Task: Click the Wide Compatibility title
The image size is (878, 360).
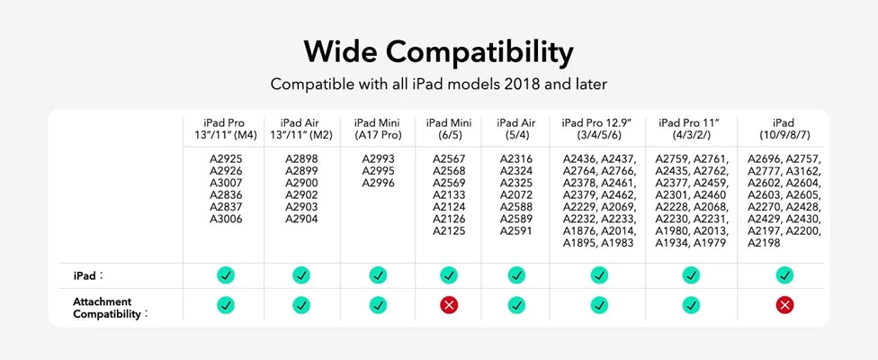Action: pyautogui.click(x=438, y=52)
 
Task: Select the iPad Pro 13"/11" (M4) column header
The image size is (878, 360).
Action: pyautogui.click(x=224, y=129)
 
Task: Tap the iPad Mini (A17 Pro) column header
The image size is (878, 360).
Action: pyautogui.click(x=378, y=129)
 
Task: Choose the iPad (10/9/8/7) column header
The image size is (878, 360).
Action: pyautogui.click(x=784, y=129)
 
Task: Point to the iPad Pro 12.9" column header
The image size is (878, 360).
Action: pyautogui.click(x=598, y=129)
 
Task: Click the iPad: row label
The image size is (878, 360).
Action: pyautogui.click(x=88, y=275)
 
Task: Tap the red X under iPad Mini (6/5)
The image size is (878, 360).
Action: pyautogui.click(x=449, y=304)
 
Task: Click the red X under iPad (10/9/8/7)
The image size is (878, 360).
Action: pyautogui.click(x=784, y=304)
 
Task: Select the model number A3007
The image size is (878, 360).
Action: pyautogui.click(x=226, y=183)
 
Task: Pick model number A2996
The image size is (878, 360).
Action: pyautogui.click(x=378, y=183)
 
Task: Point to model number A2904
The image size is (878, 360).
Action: pyautogui.click(x=301, y=219)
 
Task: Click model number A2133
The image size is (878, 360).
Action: pyautogui.click(x=449, y=194)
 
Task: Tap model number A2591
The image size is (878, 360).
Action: pyautogui.click(x=516, y=230)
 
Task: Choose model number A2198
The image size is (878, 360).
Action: pyautogui.click(x=765, y=243)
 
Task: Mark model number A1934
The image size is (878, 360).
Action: pyautogui.click(x=672, y=243)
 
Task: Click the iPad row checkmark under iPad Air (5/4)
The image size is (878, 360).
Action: pyautogui.click(x=516, y=274)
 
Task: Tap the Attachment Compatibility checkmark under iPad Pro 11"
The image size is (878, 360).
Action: pyautogui.click(x=691, y=304)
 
